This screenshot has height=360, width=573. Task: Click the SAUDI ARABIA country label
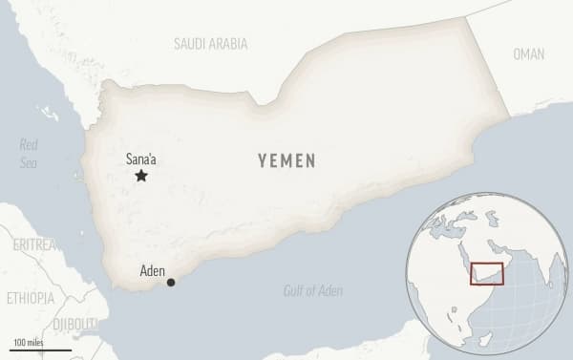[x=210, y=44]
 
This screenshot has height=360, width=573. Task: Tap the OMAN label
[x=528, y=53]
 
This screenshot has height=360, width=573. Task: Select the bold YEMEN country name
[x=286, y=160]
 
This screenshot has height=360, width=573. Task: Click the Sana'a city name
[x=144, y=159]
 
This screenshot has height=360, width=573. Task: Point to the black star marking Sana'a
[x=141, y=176]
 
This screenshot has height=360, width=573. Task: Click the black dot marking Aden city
[x=171, y=282]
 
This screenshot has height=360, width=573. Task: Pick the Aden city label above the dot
[x=152, y=270]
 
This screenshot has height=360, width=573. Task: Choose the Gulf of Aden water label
[x=312, y=290]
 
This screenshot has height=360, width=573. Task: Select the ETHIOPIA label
[x=30, y=298]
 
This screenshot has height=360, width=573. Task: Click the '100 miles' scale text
[x=30, y=342]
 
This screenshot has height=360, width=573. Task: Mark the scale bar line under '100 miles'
[x=41, y=350]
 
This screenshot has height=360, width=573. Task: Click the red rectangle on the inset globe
[x=487, y=272]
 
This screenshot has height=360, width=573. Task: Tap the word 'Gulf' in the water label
[x=294, y=290]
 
